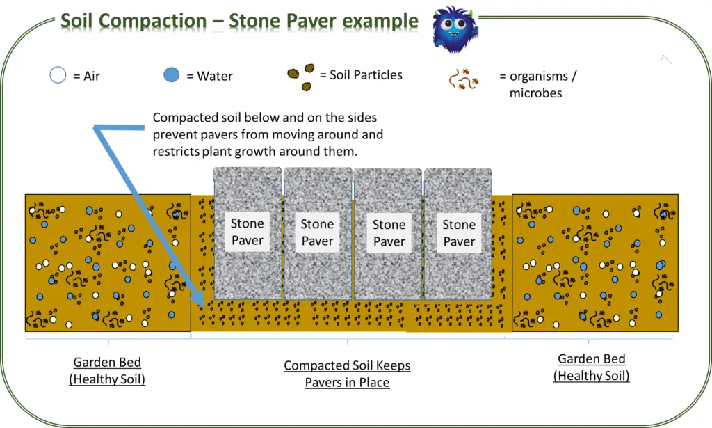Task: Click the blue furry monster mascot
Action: pyautogui.click(x=455, y=29)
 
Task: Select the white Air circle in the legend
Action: pyautogui.click(x=58, y=75)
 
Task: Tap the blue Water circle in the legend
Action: pyautogui.click(x=171, y=74)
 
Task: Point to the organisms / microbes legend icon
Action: pyautogui.click(x=464, y=79)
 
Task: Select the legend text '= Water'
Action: pyautogui.click(x=209, y=76)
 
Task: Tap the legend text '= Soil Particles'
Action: pyautogui.click(x=361, y=75)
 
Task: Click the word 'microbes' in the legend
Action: pyautogui.click(x=536, y=93)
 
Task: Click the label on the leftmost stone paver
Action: pyautogui.click(x=247, y=232)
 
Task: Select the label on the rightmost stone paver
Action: pyautogui.click(x=459, y=232)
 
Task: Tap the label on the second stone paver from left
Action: pyautogui.click(x=317, y=232)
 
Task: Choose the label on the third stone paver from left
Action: pyautogui.click(x=389, y=232)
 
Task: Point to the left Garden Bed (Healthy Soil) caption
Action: pyautogui.click(x=107, y=370)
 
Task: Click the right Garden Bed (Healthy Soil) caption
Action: pyautogui.click(x=592, y=367)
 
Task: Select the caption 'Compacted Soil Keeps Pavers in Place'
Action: pyautogui.click(x=348, y=374)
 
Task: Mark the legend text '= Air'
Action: pyautogui.click(x=86, y=76)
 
